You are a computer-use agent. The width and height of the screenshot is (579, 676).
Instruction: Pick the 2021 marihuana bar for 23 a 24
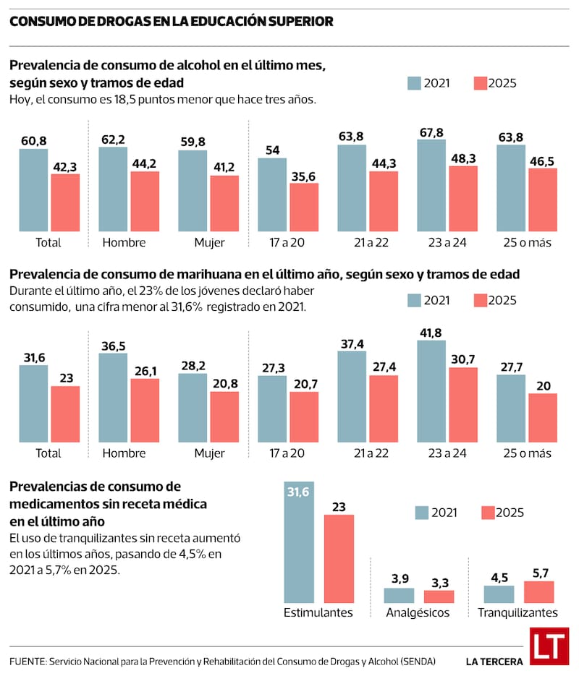tap(432, 391)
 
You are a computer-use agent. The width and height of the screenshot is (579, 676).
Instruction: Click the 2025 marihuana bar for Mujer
tap(224, 416)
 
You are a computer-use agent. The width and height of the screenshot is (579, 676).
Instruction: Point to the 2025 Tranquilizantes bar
tap(538, 592)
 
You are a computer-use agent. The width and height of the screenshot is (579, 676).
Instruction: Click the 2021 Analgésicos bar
tap(399, 596)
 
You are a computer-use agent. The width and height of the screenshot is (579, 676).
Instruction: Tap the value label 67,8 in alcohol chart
tap(432, 132)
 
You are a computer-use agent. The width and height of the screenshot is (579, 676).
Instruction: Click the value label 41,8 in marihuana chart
tap(432, 333)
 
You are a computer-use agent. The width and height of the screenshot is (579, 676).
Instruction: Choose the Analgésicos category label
tap(418, 613)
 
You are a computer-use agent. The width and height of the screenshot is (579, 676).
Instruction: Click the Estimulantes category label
tap(318, 613)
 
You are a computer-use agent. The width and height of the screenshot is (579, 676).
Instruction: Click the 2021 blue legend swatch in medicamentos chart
tap(422, 513)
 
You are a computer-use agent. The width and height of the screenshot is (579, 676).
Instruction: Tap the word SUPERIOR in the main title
tap(299, 22)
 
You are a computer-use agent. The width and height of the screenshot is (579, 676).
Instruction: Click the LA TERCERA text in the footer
tap(492, 661)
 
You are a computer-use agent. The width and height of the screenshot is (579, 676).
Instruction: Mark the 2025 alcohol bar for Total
tap(65, 203)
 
